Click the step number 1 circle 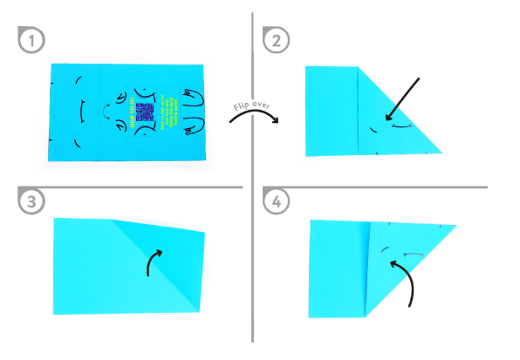click(32, 39)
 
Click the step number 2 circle click(277, 39)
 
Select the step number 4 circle click(277, 201)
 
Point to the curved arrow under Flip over click(252, 121)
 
